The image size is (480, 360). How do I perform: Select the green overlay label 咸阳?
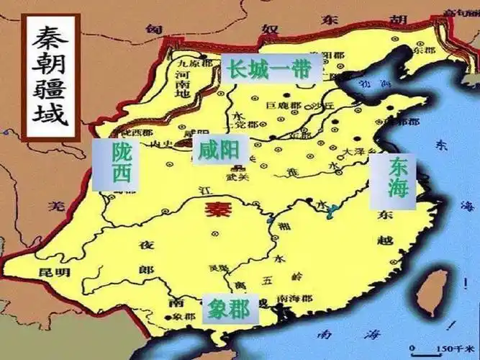point(217,150)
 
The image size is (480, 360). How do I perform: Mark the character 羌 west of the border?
point(52,206)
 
